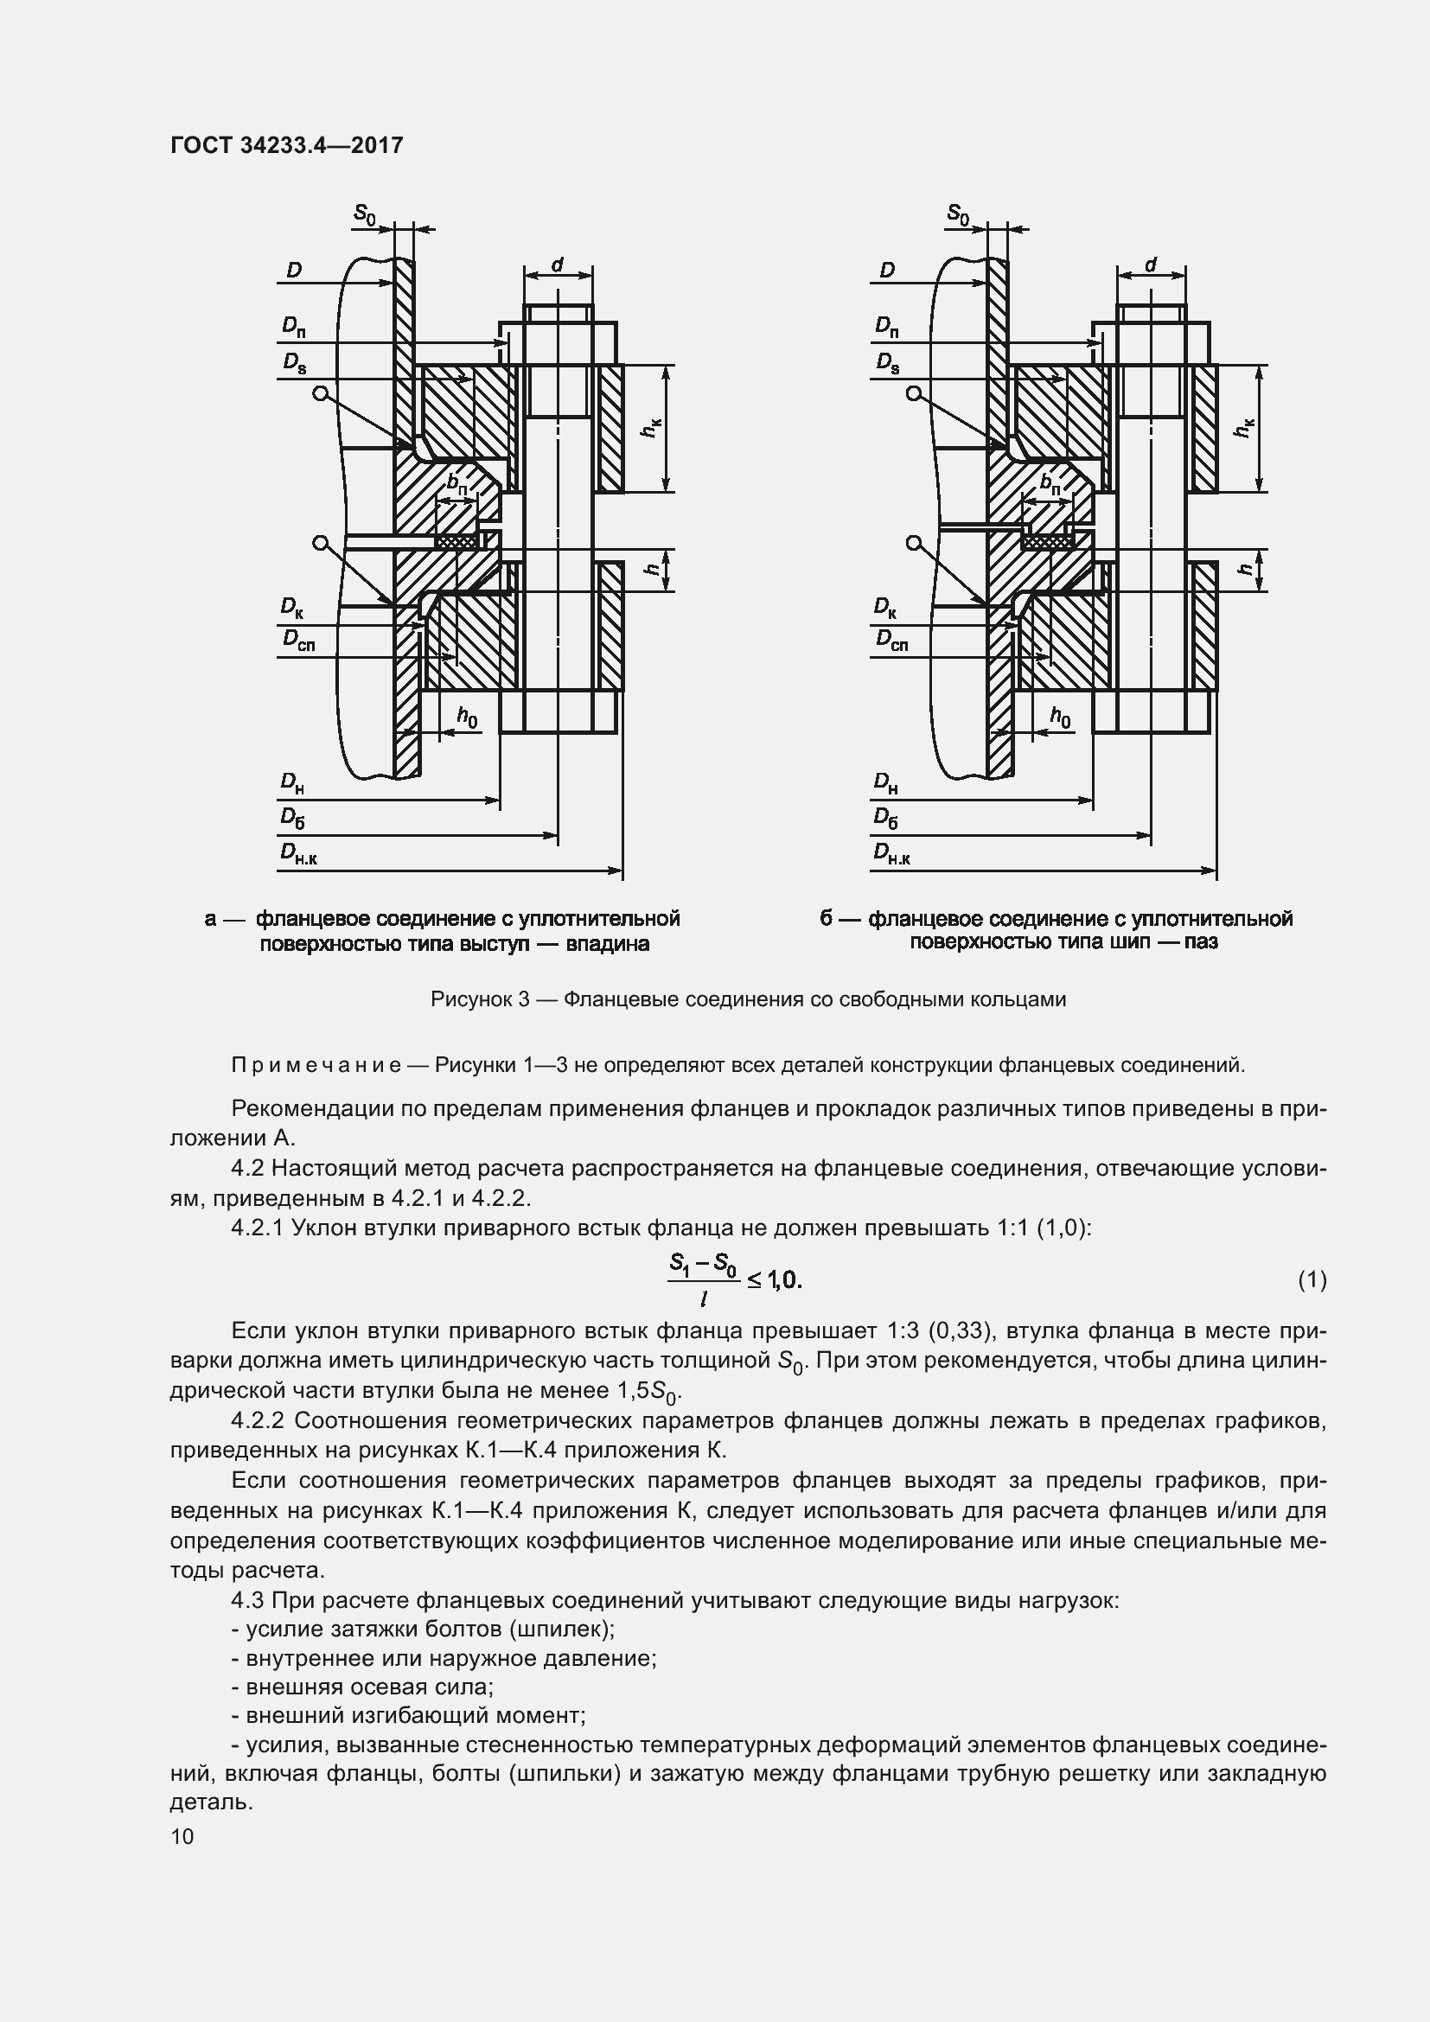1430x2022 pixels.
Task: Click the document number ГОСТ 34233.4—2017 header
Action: coord(286,145)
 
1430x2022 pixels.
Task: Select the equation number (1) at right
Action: coord(1312,1279)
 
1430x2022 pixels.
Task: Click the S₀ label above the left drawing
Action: coord(365,213)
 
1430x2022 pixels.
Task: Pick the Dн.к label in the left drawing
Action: coord(298,853)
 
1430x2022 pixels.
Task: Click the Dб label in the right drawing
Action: coord(886,819)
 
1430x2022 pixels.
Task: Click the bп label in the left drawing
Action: coord(457,483)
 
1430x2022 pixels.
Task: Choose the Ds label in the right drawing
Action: coord(888,362)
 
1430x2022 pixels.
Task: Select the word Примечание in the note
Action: coord(316,1066)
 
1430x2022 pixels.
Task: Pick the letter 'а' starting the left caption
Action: coord(210,920)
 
